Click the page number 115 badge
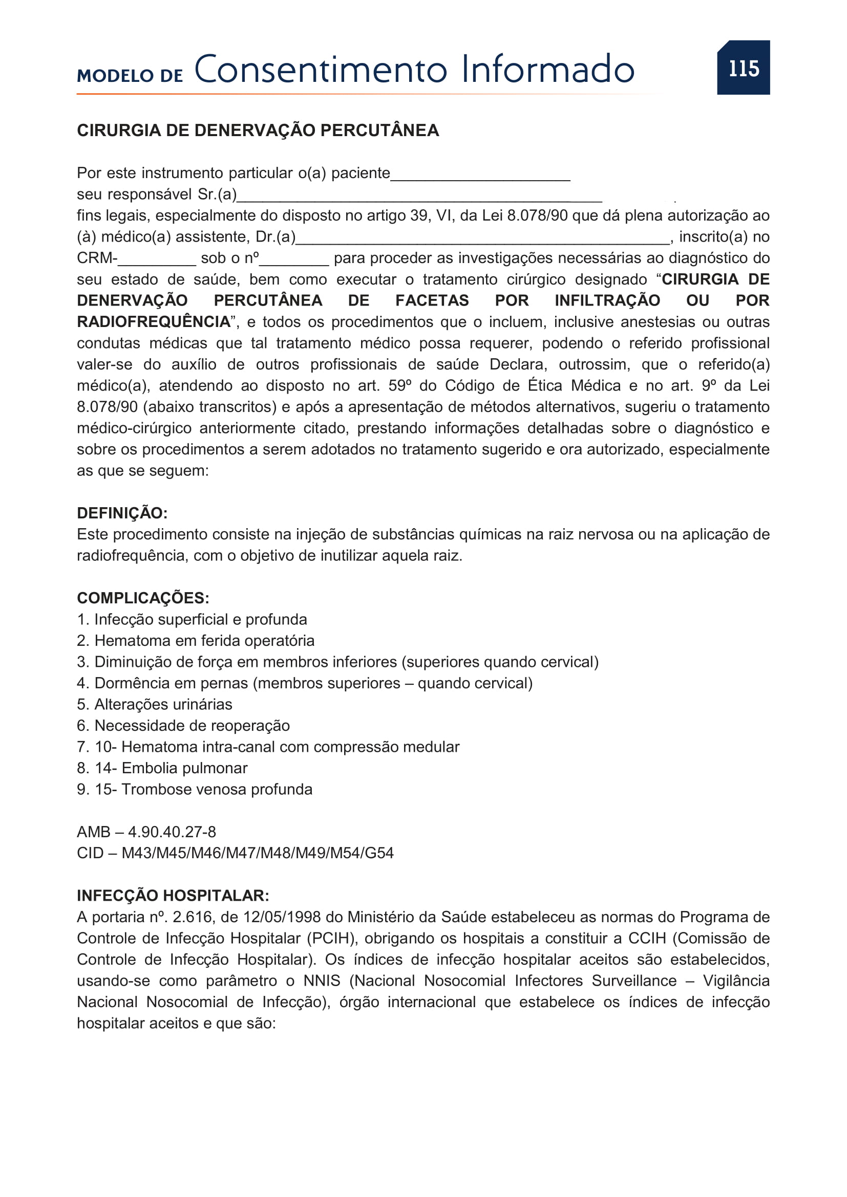tap(743, 68)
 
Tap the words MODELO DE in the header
tap(130, 76)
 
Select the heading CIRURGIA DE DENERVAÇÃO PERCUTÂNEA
tap(258, 130)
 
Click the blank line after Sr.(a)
tap(419, 198)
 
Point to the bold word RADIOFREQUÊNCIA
tap(154, 322)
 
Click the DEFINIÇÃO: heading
tap(122, 513)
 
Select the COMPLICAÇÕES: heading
tap(143, 598)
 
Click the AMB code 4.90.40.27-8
tap(172, 832)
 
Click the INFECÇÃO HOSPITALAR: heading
tap(173, 896)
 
